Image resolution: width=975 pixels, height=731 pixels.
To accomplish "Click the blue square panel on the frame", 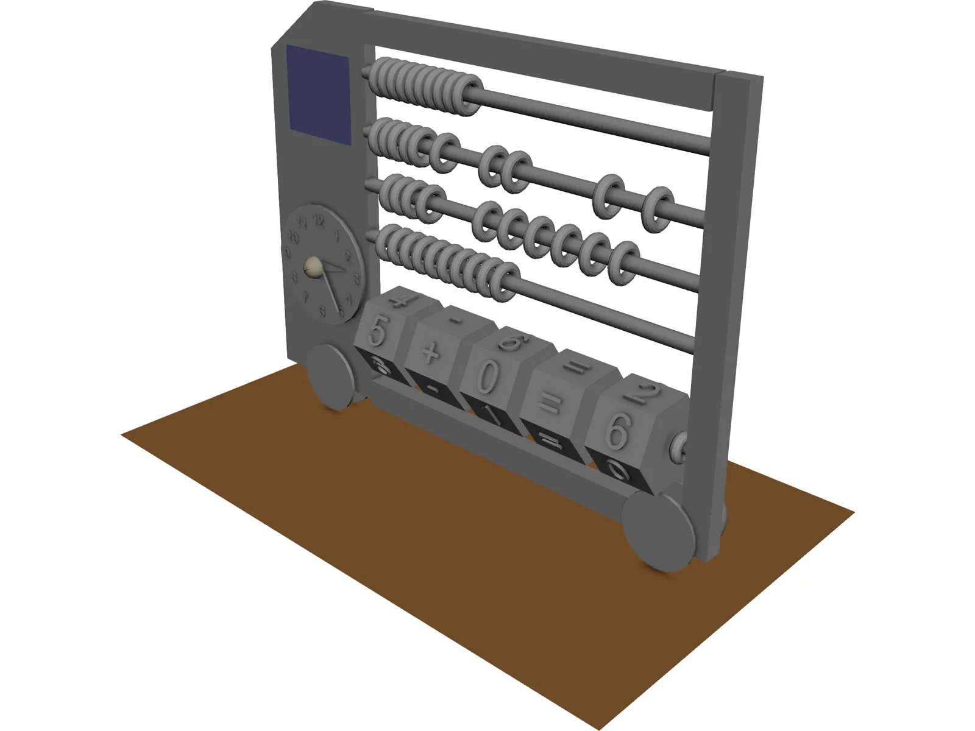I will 319,94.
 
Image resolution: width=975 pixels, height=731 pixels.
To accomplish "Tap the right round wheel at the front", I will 661,531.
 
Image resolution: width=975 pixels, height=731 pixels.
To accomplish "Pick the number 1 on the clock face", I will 336,236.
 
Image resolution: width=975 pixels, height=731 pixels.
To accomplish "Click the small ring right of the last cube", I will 678,450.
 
